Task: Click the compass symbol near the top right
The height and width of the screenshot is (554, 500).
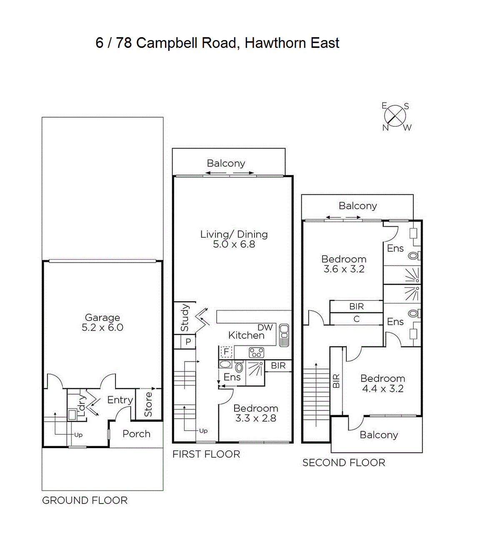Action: (x=395, y=116)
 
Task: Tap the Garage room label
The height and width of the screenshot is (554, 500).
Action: (x=102, y=318)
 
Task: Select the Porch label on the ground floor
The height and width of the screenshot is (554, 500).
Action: (x=136, y=434)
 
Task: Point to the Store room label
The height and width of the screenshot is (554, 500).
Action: (x=148, y=404)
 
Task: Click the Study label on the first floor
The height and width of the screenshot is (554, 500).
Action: (x=185, y=318)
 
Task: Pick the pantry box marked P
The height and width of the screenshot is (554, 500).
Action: (x=188, y=342)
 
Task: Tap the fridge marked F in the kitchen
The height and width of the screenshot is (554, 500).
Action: (x=226, y=352)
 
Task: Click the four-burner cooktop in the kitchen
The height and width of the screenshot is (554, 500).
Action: (x=257, y=353)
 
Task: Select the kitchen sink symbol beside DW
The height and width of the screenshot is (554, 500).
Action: (x=284, y=335)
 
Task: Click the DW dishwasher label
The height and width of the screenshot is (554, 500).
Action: (x=265, y=328)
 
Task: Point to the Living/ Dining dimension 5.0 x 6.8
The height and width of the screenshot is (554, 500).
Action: (x=234, y=244)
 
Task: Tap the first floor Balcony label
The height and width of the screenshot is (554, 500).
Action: (x=226, y=163)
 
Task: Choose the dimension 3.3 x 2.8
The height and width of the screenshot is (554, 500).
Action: (x=256, y=418)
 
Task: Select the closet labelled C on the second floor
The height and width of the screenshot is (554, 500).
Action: (x=356, y=319)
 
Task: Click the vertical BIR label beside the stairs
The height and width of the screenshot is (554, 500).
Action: (x=336, y=381)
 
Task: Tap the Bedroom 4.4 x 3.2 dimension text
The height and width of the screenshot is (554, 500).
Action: (x=382, y=389)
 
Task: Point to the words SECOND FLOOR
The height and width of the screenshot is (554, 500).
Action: (x=344, y=463)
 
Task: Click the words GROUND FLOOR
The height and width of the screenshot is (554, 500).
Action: (x=85, y=500)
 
